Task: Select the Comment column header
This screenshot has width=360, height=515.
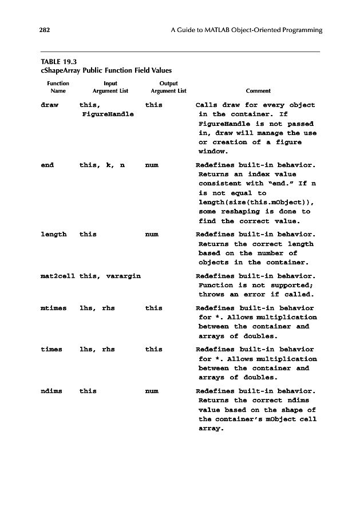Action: pyautogui.click(x=258, y=91)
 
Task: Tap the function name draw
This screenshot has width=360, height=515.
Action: pyautogui.click(x=50, y=105)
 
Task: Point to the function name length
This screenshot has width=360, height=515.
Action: pyautogui.click(x=54, y=235)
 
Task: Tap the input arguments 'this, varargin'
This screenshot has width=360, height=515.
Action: pyautogui.click(x=110, y=276)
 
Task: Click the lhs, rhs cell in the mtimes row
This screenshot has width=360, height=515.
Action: pyautogui.click(x=97, y=308)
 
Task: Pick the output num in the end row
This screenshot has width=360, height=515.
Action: pyautogui.click(x=152, y=165)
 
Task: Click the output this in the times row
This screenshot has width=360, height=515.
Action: pyautogui.click(x=153, y=349)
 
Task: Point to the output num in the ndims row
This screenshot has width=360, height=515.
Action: pyautogui.click(x=152, y=391)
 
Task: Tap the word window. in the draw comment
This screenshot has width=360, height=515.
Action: pyautogui.click(x=213, y=152)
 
